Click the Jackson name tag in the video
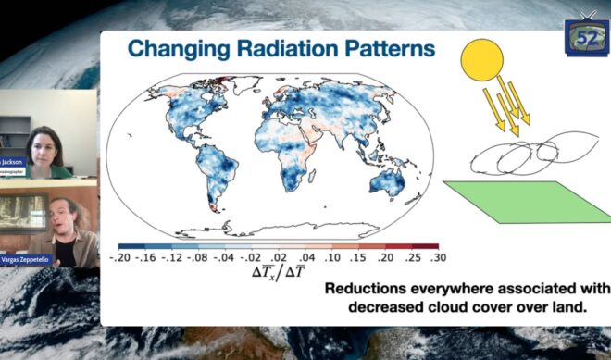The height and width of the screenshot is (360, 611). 14,161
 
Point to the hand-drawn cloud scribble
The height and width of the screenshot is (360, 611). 518,158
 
